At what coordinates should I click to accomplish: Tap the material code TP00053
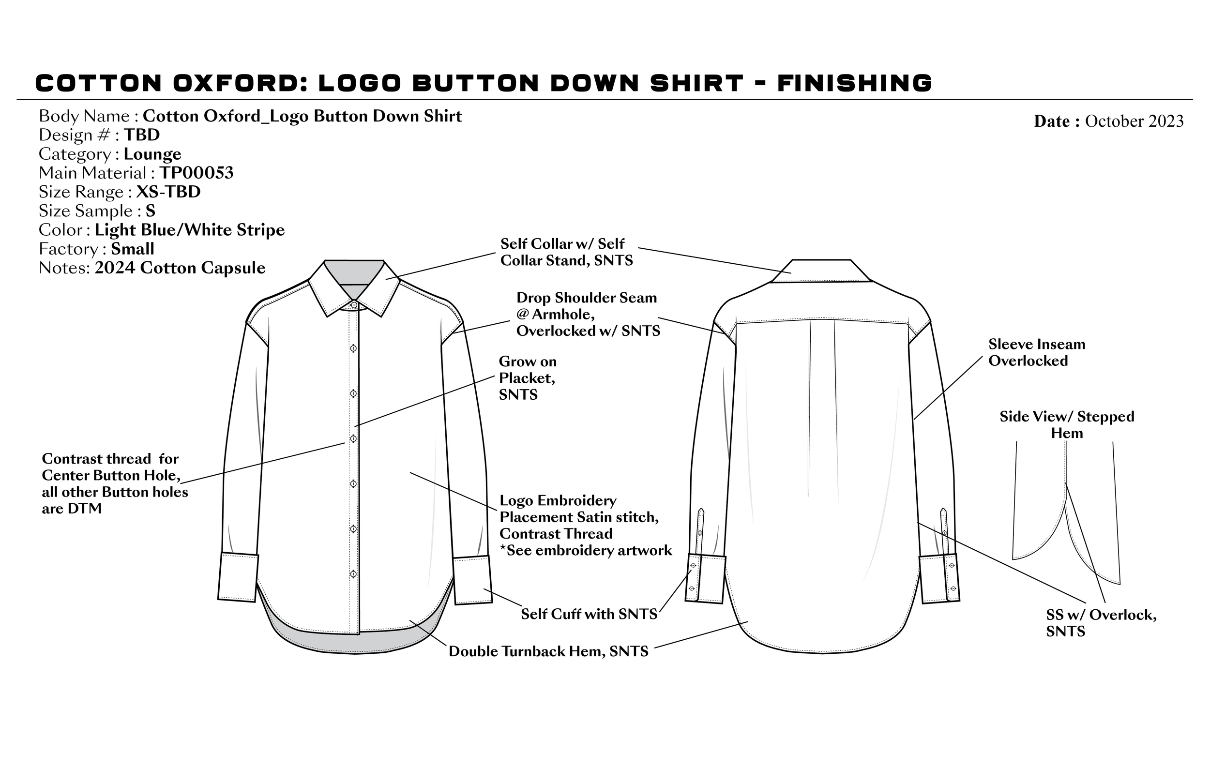click(x=197, y=173)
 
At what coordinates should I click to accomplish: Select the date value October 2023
click(x=1134, y=121)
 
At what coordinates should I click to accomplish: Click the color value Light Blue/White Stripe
click(x=190, y=230)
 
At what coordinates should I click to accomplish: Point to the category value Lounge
click(x=152, y=154)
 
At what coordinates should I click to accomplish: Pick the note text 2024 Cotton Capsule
click(x=180, y=268)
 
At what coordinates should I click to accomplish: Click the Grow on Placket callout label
click(x=527, y=378)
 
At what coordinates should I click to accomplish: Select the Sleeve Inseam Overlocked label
click(x=1037, y=352)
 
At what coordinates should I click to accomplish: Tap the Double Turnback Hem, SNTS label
click(x=548, y=651)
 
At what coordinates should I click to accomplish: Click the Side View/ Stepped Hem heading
click(x=1067, y=424)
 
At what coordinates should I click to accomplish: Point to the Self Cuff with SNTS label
click(x=589, y=614)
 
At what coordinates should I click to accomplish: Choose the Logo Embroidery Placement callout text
click(x=585, y=525)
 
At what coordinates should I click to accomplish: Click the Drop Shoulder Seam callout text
click(x=588, y=314)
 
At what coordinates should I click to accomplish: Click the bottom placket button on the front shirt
click(x=353, y=573)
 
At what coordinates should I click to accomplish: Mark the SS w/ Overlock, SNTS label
click(x=1101, y=623)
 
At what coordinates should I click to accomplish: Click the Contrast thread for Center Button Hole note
click(x=114, y=483)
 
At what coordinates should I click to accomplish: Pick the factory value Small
click(x=133, y=249)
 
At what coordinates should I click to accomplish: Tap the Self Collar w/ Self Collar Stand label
click(x=566, y=252)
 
